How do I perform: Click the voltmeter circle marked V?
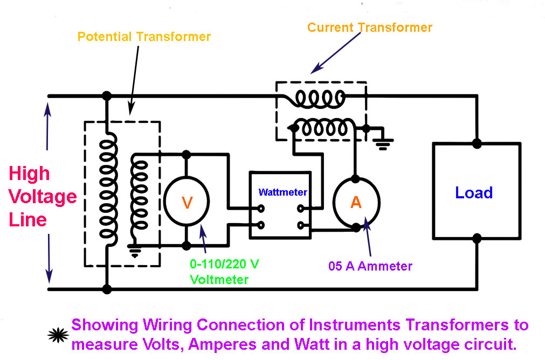click(x=187, y=202)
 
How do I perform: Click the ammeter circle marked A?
click(x=356, y=202)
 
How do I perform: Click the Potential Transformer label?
click(x=144, y=37)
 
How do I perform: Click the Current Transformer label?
click(x=370, y=27)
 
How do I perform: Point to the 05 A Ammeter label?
click(x=370, y=266)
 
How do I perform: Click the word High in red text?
click(x=30, y=174)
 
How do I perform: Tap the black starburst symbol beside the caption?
click(x=57, y=335)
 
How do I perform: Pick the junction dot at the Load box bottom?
click(x=477, y=238)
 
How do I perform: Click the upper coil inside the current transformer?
click(x=321, y=98)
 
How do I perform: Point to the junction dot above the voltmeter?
click(x=187, y=155)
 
